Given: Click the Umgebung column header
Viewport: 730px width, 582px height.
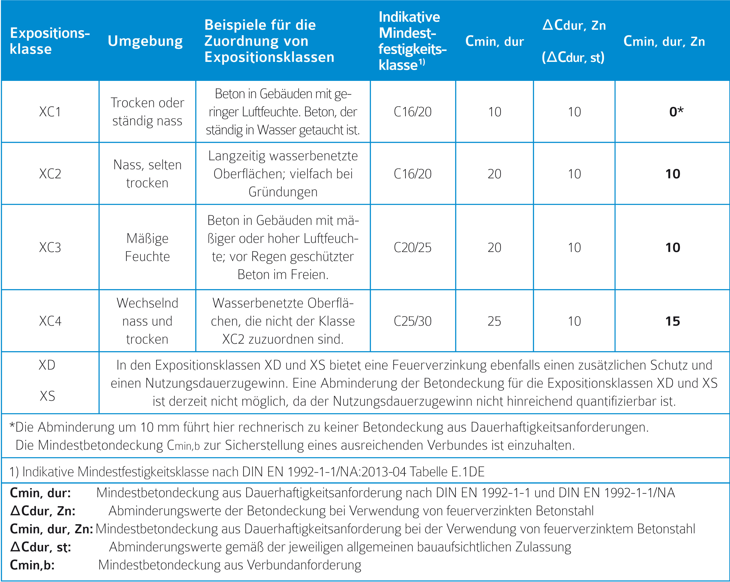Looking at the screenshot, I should (145, 41).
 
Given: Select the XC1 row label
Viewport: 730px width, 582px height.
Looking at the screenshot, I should (50, 112).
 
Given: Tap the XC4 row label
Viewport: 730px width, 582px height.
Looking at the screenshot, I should (50, 321).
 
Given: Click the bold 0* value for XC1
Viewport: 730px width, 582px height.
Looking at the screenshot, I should (676, 112).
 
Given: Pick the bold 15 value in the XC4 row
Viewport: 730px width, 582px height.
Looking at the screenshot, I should (672, 321).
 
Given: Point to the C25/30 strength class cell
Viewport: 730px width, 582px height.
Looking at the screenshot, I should (412, 321).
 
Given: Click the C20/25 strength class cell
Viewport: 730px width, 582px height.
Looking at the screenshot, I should (412, 247).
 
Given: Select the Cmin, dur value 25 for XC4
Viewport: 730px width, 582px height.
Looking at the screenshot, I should (494, 321).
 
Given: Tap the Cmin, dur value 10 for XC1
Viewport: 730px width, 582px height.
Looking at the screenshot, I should (494, 112).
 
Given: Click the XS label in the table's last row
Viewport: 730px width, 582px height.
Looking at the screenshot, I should (47, 396).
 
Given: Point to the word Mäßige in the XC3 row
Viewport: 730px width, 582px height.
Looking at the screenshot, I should (147, 239).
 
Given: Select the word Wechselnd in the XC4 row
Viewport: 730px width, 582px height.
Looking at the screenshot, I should (147, 303).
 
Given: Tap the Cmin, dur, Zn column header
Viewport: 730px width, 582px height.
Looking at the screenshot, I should (664, 41).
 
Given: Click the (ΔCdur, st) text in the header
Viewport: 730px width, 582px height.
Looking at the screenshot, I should (573, 57).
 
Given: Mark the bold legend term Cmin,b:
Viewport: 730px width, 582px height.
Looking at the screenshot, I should (32, 565).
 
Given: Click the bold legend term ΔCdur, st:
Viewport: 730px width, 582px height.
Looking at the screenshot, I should (41, 547).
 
